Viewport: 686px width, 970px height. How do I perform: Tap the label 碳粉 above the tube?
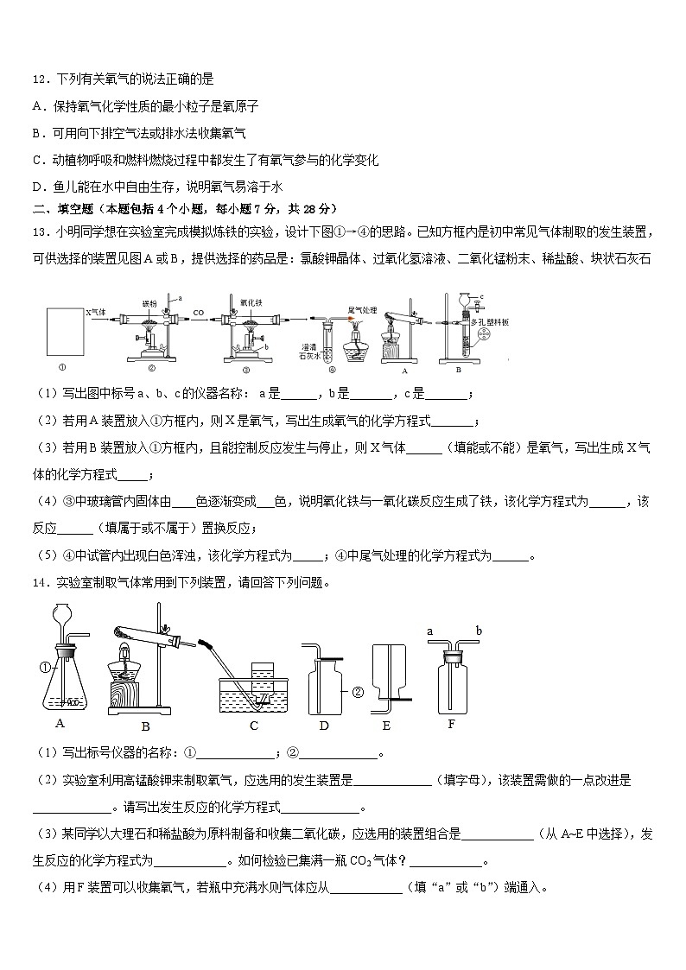click(150, 304)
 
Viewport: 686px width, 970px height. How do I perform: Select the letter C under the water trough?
click(254, 726)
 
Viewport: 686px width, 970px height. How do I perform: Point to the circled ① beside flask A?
click(47, 665)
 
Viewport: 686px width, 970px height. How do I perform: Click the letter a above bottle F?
click(429, 631)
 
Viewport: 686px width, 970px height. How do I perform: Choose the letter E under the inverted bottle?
click(385, 726)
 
